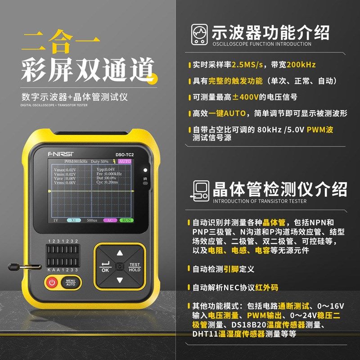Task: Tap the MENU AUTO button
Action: click(71, 283)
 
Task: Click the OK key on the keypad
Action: click(105, 267)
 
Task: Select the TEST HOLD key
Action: click(135, 267)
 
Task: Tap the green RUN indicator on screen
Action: click(126, 220)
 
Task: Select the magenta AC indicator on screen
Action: click(110, 220)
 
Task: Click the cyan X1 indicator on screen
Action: click(73, 220)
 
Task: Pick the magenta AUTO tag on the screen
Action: click(125, 161)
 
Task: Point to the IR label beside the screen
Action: click(145, 179)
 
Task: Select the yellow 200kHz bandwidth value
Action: click(301, 65)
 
